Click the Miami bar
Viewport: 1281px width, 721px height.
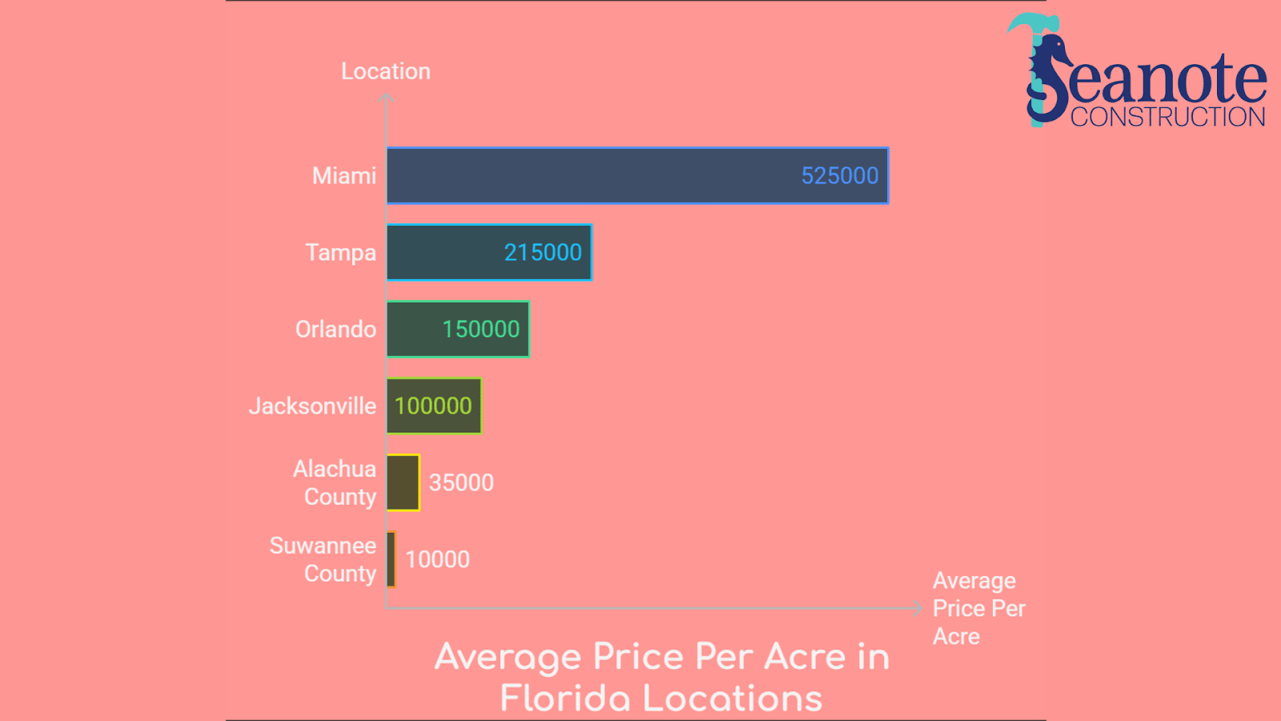592,175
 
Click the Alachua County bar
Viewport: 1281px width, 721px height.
403,482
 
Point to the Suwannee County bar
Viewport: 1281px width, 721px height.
391,559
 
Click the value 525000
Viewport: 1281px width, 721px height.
840,175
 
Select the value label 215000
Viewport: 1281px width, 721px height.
543,252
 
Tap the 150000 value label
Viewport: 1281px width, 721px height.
480,329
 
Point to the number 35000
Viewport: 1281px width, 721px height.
461,482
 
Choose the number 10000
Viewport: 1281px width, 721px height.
437,559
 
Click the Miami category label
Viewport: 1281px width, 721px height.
343,175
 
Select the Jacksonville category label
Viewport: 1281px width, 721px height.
312,406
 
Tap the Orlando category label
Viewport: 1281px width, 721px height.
335,329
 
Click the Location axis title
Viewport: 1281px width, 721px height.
386,71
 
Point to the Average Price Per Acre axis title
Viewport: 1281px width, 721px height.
978,608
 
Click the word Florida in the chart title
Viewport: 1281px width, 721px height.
565,699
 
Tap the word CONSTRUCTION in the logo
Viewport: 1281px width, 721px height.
1168,117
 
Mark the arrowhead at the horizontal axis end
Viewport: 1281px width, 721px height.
918,608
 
